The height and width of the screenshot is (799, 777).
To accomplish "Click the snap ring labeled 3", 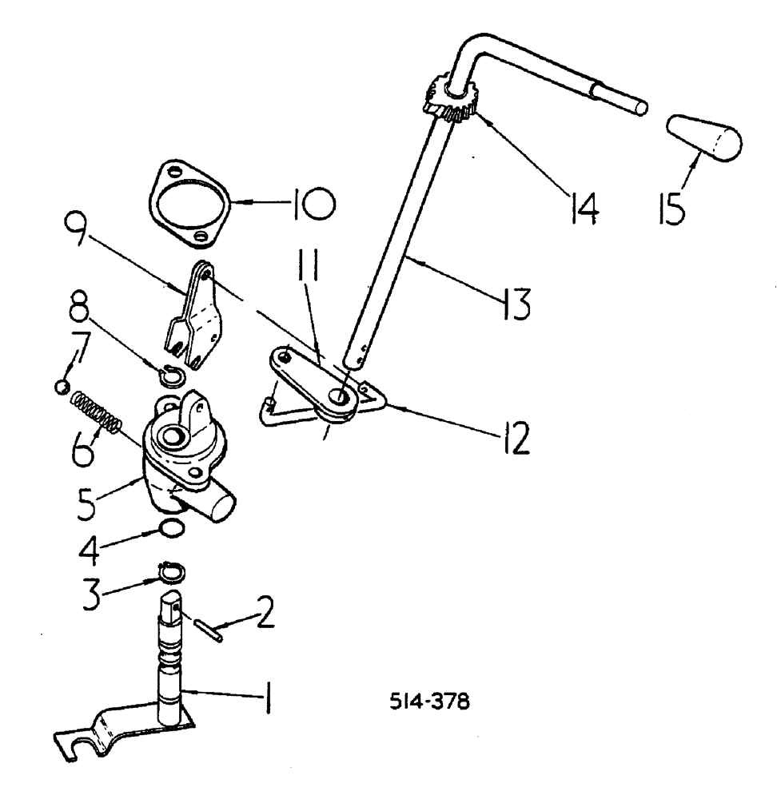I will pos(169,572).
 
